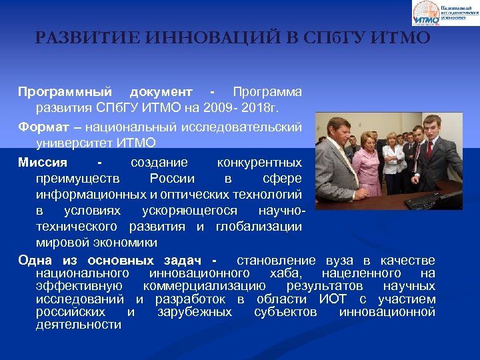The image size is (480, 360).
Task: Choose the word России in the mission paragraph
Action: tap(172, 178)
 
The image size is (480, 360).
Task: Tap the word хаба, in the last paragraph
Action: tap(289, 273)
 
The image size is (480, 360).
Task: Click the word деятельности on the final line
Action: tap(79, 325)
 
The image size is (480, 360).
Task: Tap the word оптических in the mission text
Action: tap(193, 194)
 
